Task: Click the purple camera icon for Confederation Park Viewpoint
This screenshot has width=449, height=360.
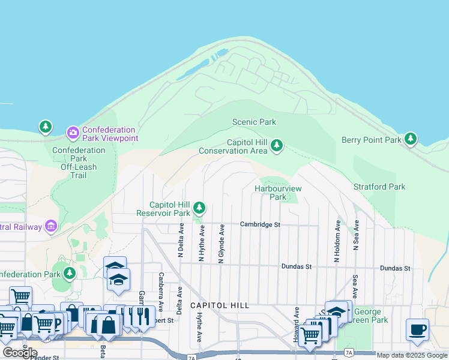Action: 73,131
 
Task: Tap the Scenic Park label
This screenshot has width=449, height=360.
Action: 254,122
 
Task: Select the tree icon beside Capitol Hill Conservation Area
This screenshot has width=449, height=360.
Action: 276,146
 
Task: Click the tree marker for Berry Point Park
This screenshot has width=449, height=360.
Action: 411,139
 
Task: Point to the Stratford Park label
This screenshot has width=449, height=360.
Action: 379,187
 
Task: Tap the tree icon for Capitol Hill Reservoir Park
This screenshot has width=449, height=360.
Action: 199,209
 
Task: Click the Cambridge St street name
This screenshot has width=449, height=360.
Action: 261,224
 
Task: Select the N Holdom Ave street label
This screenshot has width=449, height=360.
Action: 337,241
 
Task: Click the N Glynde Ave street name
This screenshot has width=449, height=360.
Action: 221,244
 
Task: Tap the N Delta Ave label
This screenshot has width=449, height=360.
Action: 180,241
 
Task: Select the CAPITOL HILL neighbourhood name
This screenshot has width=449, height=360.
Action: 219,305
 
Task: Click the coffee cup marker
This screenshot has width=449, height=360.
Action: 417,329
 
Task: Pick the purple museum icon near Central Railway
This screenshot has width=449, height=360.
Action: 51,226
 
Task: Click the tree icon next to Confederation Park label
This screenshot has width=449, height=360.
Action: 70,274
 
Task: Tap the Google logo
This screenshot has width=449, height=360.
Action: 19,352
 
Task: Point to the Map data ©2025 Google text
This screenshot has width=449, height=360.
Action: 412,355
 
